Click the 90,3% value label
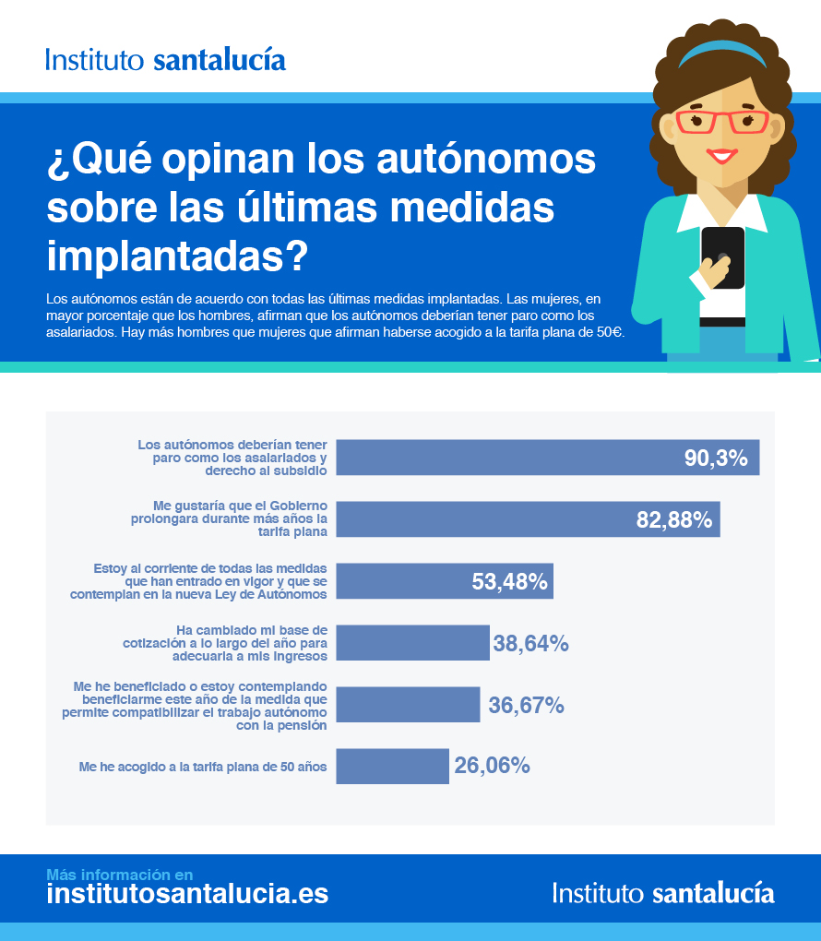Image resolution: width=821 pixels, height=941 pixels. click(x=716, y=458)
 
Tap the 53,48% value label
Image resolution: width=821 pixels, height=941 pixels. click(x=510, y=581)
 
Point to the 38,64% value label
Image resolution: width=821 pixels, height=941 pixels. click(x=530, y=643)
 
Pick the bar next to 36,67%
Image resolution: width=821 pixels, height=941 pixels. click(x=408, y=705)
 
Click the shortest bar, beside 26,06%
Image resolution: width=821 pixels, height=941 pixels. click(x=392, y=766)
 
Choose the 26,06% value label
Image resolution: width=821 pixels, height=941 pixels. click(x=492, y=765)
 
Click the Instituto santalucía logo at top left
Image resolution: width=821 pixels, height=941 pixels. click(x=165, y=60)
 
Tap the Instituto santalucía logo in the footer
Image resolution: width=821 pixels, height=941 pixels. click(x=663, y=892)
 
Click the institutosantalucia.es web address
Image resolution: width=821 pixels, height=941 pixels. click(x=187, y=893)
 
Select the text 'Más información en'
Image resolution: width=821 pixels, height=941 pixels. click(x=120, y=874)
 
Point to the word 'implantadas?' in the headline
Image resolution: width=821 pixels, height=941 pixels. click(x=176, y=256)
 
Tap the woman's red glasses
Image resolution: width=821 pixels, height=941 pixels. click(x=722, y=121)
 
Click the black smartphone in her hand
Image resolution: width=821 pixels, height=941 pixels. click(x=722, y=256)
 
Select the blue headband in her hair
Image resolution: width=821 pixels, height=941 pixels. click(x=723, y=51)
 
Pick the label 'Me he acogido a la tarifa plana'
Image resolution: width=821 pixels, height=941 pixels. click(x=203, y=766)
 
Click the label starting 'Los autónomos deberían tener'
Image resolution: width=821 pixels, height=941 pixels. click(x=232, y=457)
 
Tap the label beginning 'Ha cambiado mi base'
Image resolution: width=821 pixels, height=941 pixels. click(x=226, y=643)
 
